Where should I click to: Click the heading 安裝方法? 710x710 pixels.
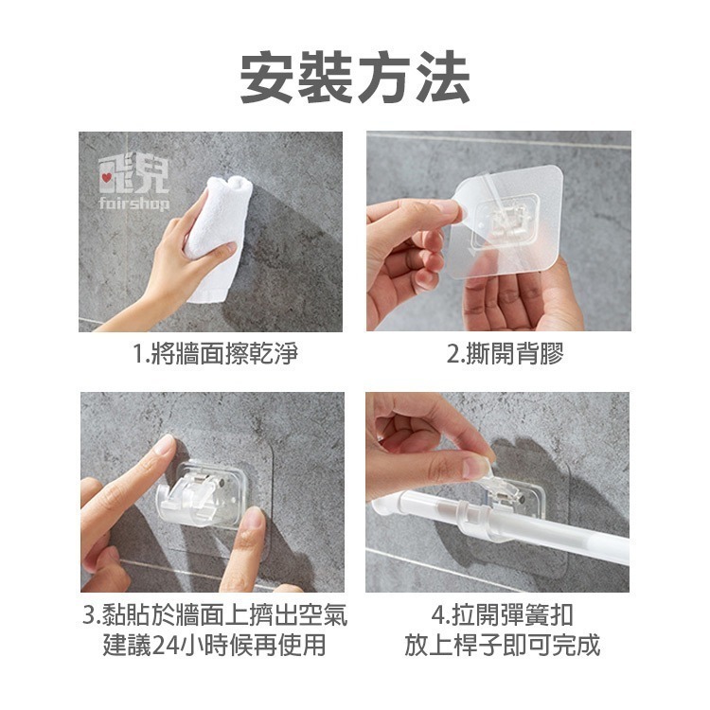[x=355, y=79]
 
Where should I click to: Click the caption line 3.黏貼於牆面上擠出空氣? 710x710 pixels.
[x=213, y=617]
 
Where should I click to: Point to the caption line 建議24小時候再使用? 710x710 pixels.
[x=213, y=647]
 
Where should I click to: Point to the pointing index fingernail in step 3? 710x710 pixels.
[x=165, y=445]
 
